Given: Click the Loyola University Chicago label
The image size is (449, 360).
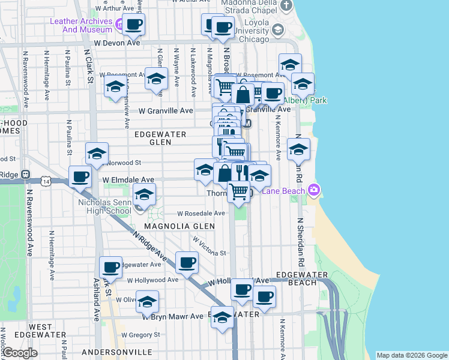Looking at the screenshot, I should (x=244, y=35).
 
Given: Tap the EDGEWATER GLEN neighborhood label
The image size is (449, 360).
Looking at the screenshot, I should (x=160, y=138).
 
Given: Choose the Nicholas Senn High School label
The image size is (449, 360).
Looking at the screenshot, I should (x=105, y=206).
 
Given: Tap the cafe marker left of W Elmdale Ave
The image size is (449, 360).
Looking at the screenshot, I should (x=80, y=177).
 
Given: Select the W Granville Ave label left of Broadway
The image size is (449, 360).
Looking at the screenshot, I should (x=166, y=111).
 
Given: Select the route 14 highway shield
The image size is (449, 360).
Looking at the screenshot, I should (x=46, y=179).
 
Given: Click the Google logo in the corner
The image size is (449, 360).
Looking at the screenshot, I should (x=19, y=353).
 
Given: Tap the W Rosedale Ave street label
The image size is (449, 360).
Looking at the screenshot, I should (x=200, y=214).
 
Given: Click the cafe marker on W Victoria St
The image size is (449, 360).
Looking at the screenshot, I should (x=187, y=262).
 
